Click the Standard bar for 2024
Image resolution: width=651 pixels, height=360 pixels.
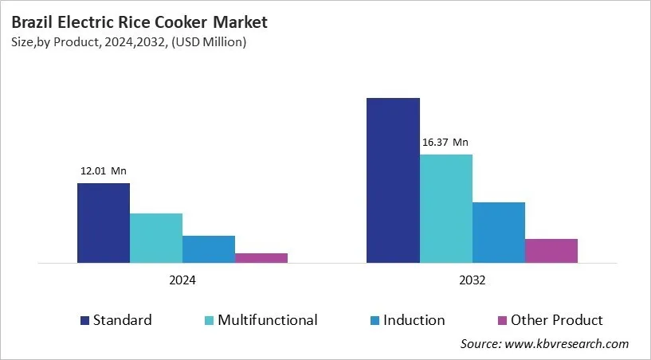click(x=103, y=223)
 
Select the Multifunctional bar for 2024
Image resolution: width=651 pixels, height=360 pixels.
click(x=155, y=237)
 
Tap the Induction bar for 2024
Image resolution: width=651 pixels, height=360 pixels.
click(x=208, y=248)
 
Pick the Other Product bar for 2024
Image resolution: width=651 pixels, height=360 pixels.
click(x=261, y=257)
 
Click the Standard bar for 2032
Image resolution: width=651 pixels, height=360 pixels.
click(x=393, y=180)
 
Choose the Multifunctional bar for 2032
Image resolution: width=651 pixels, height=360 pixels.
click(x=445, y=208)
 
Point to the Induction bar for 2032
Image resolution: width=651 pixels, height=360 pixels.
click(x=498, y=232)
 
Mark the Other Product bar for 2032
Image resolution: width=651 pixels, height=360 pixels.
click(x=551, y=250)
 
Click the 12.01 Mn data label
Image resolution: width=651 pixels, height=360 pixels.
click(x=103, y=170)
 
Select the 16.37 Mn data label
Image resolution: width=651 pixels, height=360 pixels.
click(x=445, y=143)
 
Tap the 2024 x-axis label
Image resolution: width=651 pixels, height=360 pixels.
click(x=182, y=281)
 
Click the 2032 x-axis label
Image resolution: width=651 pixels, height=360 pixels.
click(x=472, y=281)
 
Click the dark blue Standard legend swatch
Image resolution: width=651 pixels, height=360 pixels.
click(x=84, y=321)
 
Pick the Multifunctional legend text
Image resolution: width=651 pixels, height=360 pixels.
click(x=268, y=320)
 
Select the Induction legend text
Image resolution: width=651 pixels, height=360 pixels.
click(x=414, y=320)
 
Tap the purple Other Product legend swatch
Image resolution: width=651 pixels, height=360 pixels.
click(x=502, y=321)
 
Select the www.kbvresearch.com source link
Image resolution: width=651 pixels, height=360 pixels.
click(x=567, y=344)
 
